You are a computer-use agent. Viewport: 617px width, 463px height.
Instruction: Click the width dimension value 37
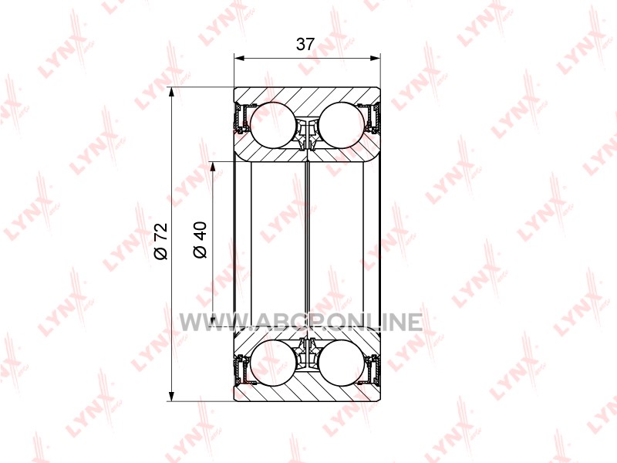(305, 44)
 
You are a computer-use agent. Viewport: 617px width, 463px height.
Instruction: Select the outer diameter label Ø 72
(161, 242)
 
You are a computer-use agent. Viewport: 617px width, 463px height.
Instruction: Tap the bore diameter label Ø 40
(201, 240)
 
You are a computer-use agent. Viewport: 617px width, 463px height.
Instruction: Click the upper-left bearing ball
(272, 126)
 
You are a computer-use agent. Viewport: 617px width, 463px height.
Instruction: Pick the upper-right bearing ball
(342, 126)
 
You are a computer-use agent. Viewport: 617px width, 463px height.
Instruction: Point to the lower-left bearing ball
(272, 363)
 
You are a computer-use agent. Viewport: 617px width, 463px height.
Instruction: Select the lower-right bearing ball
(342, 363)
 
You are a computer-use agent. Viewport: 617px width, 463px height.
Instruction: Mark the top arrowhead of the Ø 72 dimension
(171, 92)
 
